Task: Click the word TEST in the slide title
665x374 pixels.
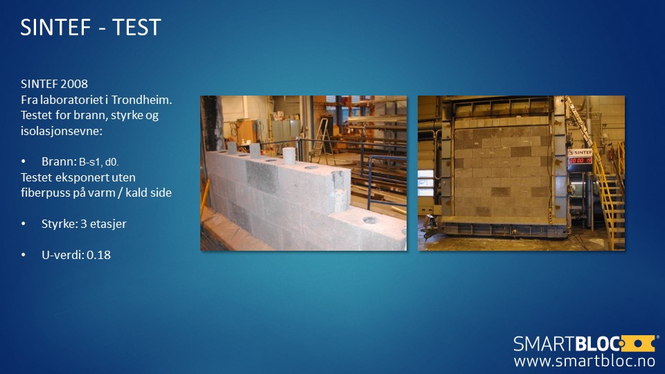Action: tap(136, 28)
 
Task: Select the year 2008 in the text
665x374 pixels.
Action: tap(74, 84)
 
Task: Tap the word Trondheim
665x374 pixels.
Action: tap(141, 100)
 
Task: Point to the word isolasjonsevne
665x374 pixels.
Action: tap(61, 131)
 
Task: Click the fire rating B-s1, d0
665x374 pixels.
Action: tap(99, 162)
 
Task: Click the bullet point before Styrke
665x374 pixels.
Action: tap(24, 224)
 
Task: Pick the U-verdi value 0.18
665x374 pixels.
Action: tap(98, 255)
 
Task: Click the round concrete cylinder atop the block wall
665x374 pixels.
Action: tap(289, 156)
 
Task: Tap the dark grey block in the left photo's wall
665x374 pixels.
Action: tap(262, 177)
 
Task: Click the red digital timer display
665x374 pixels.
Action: tap(580, 160)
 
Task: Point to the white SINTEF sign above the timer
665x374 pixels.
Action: tap(580, 152)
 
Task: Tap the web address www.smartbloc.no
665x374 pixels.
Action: tap(585, 361)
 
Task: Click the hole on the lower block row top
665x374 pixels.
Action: tap(370, 220)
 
